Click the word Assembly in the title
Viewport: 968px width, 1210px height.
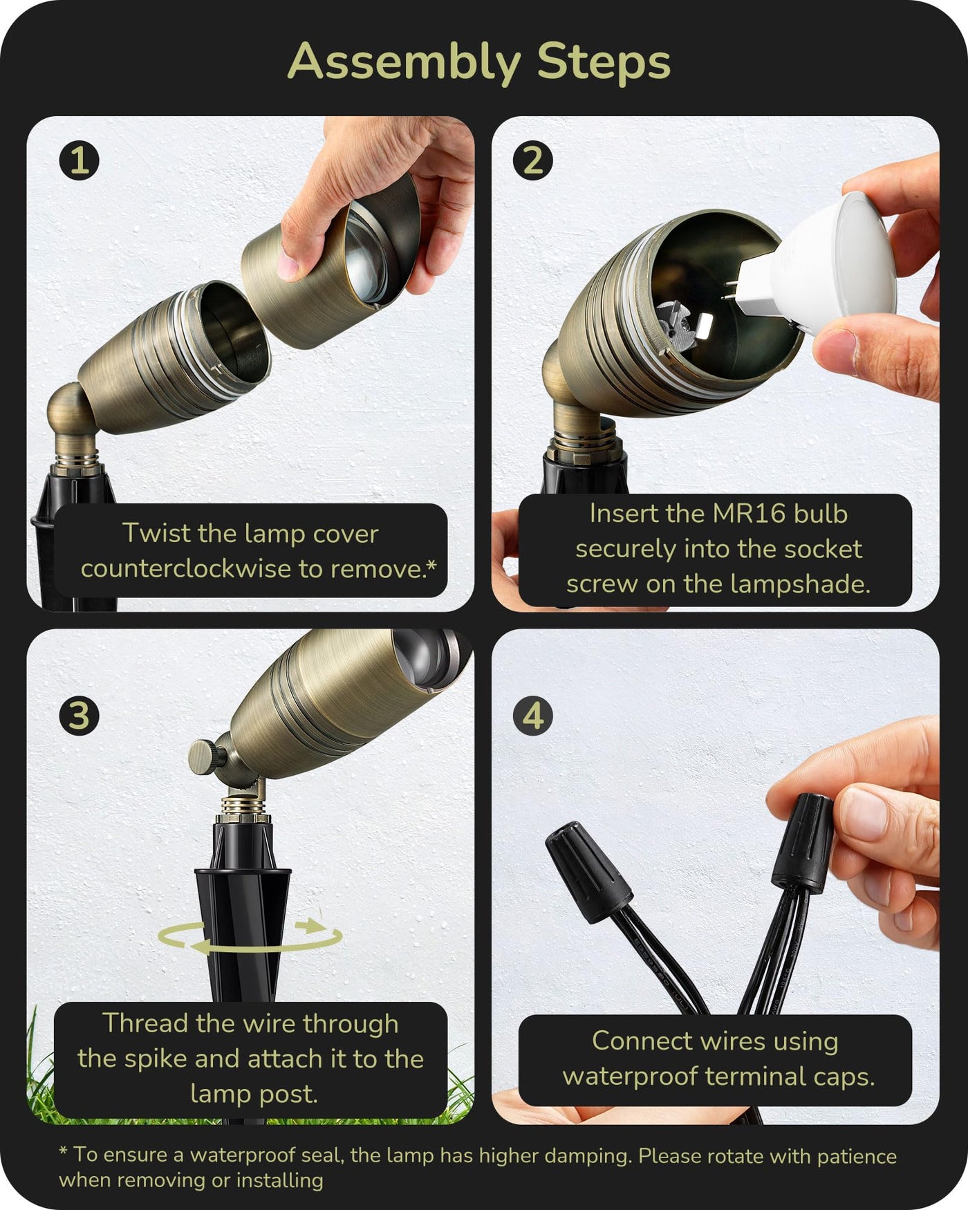[404, 62]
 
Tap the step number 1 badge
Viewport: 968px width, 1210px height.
[79, 160]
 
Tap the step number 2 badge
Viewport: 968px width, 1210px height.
[533, 160]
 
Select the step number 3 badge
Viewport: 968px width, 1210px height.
[79, 715]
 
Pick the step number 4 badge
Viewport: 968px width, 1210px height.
[533, 715]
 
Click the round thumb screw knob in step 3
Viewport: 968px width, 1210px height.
[203, 755]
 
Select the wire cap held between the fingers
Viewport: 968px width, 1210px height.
[803, 842]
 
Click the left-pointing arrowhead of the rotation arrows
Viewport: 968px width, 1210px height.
[201, 946]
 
